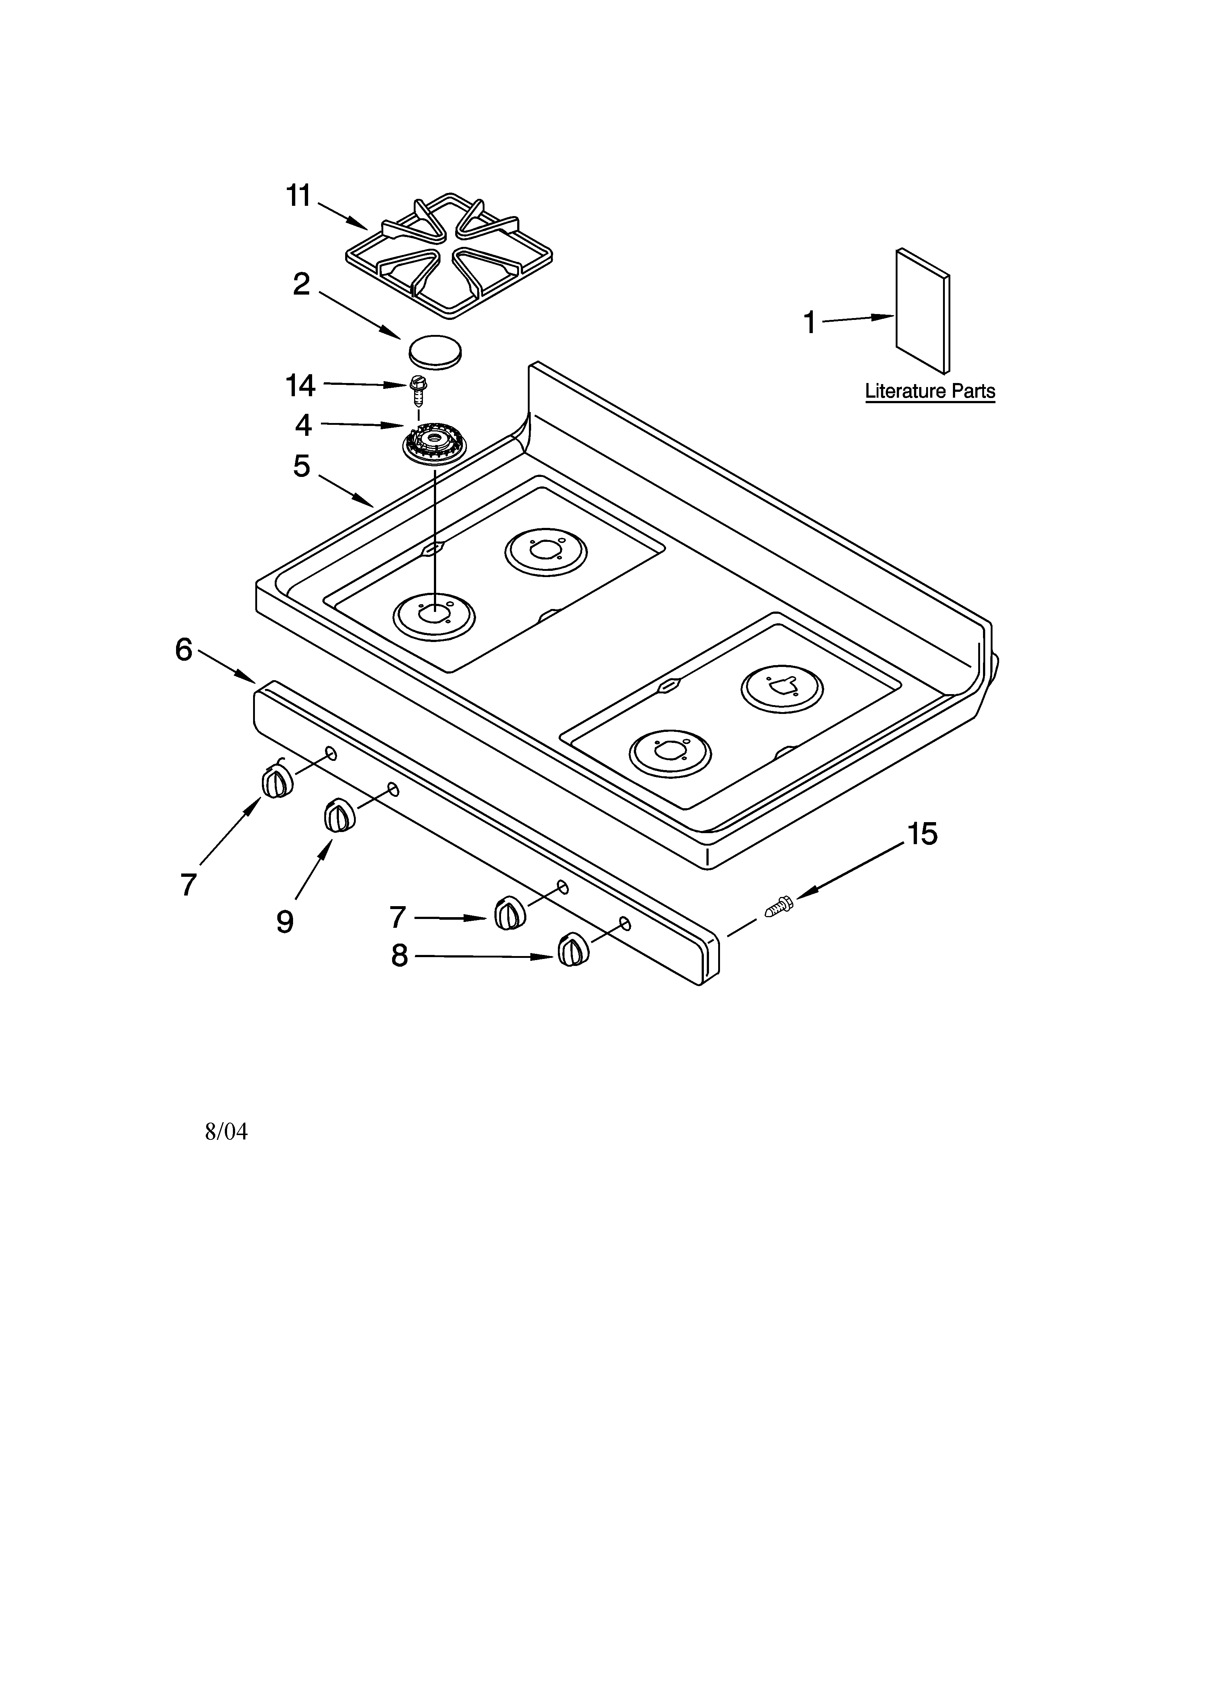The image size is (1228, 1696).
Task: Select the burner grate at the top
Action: click(x=449, y=254)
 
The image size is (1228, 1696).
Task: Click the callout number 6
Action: click(x=184, y=649)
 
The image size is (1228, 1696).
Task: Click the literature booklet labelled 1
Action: click(x=923, y=310)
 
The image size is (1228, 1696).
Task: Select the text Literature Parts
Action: click(x=929, y=391)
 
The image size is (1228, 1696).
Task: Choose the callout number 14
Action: click(x=301, y=386)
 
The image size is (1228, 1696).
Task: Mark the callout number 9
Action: click(x=284, y=921)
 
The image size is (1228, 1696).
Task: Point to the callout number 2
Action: click(x=301, y=284)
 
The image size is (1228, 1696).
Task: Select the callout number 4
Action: click(x=303, y=425)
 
